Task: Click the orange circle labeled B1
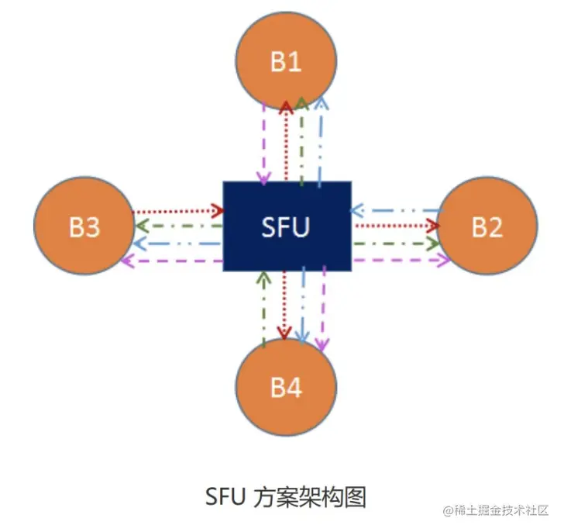[286, 60]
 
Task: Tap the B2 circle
[487, 227]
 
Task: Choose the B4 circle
[286, 388]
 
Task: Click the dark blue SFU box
[287, 227]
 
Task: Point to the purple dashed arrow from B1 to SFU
[265, 143]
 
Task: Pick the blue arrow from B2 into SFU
[395, 210]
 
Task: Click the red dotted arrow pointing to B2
[395, 225]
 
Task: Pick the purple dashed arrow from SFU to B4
[323, 310]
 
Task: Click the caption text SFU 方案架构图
[285, 496]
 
